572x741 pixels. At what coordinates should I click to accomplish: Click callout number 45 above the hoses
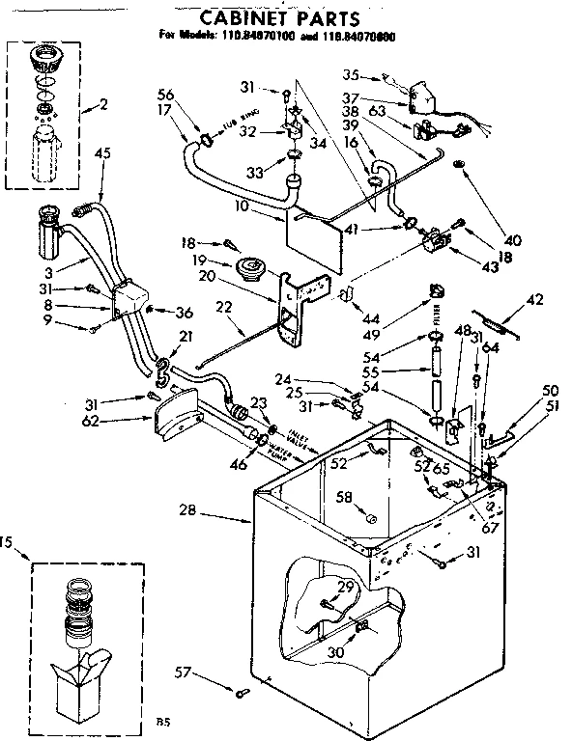(103, 151)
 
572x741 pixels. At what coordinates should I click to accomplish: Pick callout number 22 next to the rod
(223, 307)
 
